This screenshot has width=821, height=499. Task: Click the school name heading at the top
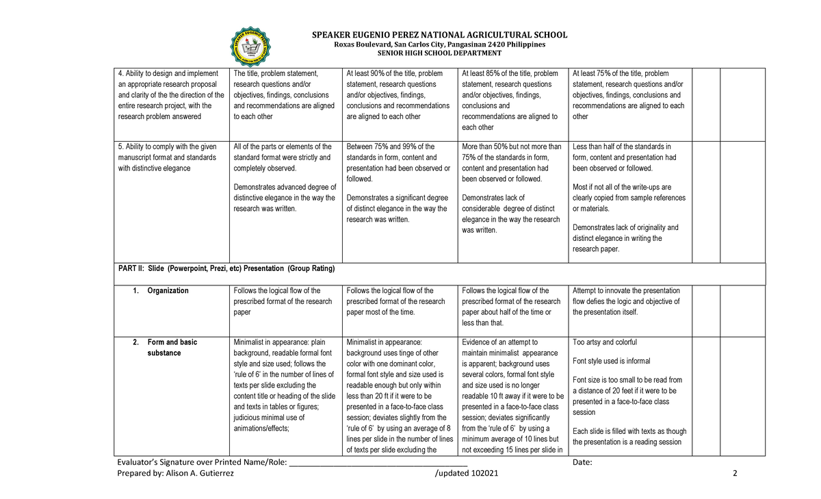coord(439,35)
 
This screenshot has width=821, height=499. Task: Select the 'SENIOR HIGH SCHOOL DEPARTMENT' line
coord(439,53)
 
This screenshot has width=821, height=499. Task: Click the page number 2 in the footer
coord(734,475)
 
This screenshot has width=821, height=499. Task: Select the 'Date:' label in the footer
coord(582,463)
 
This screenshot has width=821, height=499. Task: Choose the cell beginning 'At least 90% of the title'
coord(399,94)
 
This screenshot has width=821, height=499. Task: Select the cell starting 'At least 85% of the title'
coord(512,100)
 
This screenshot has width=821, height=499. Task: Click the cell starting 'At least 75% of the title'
coord(627,94)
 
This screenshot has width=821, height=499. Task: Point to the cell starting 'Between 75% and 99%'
coord(399,183)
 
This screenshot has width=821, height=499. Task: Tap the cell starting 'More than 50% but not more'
coord(512,188)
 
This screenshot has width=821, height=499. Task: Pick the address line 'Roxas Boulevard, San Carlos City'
coord(439,44)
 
